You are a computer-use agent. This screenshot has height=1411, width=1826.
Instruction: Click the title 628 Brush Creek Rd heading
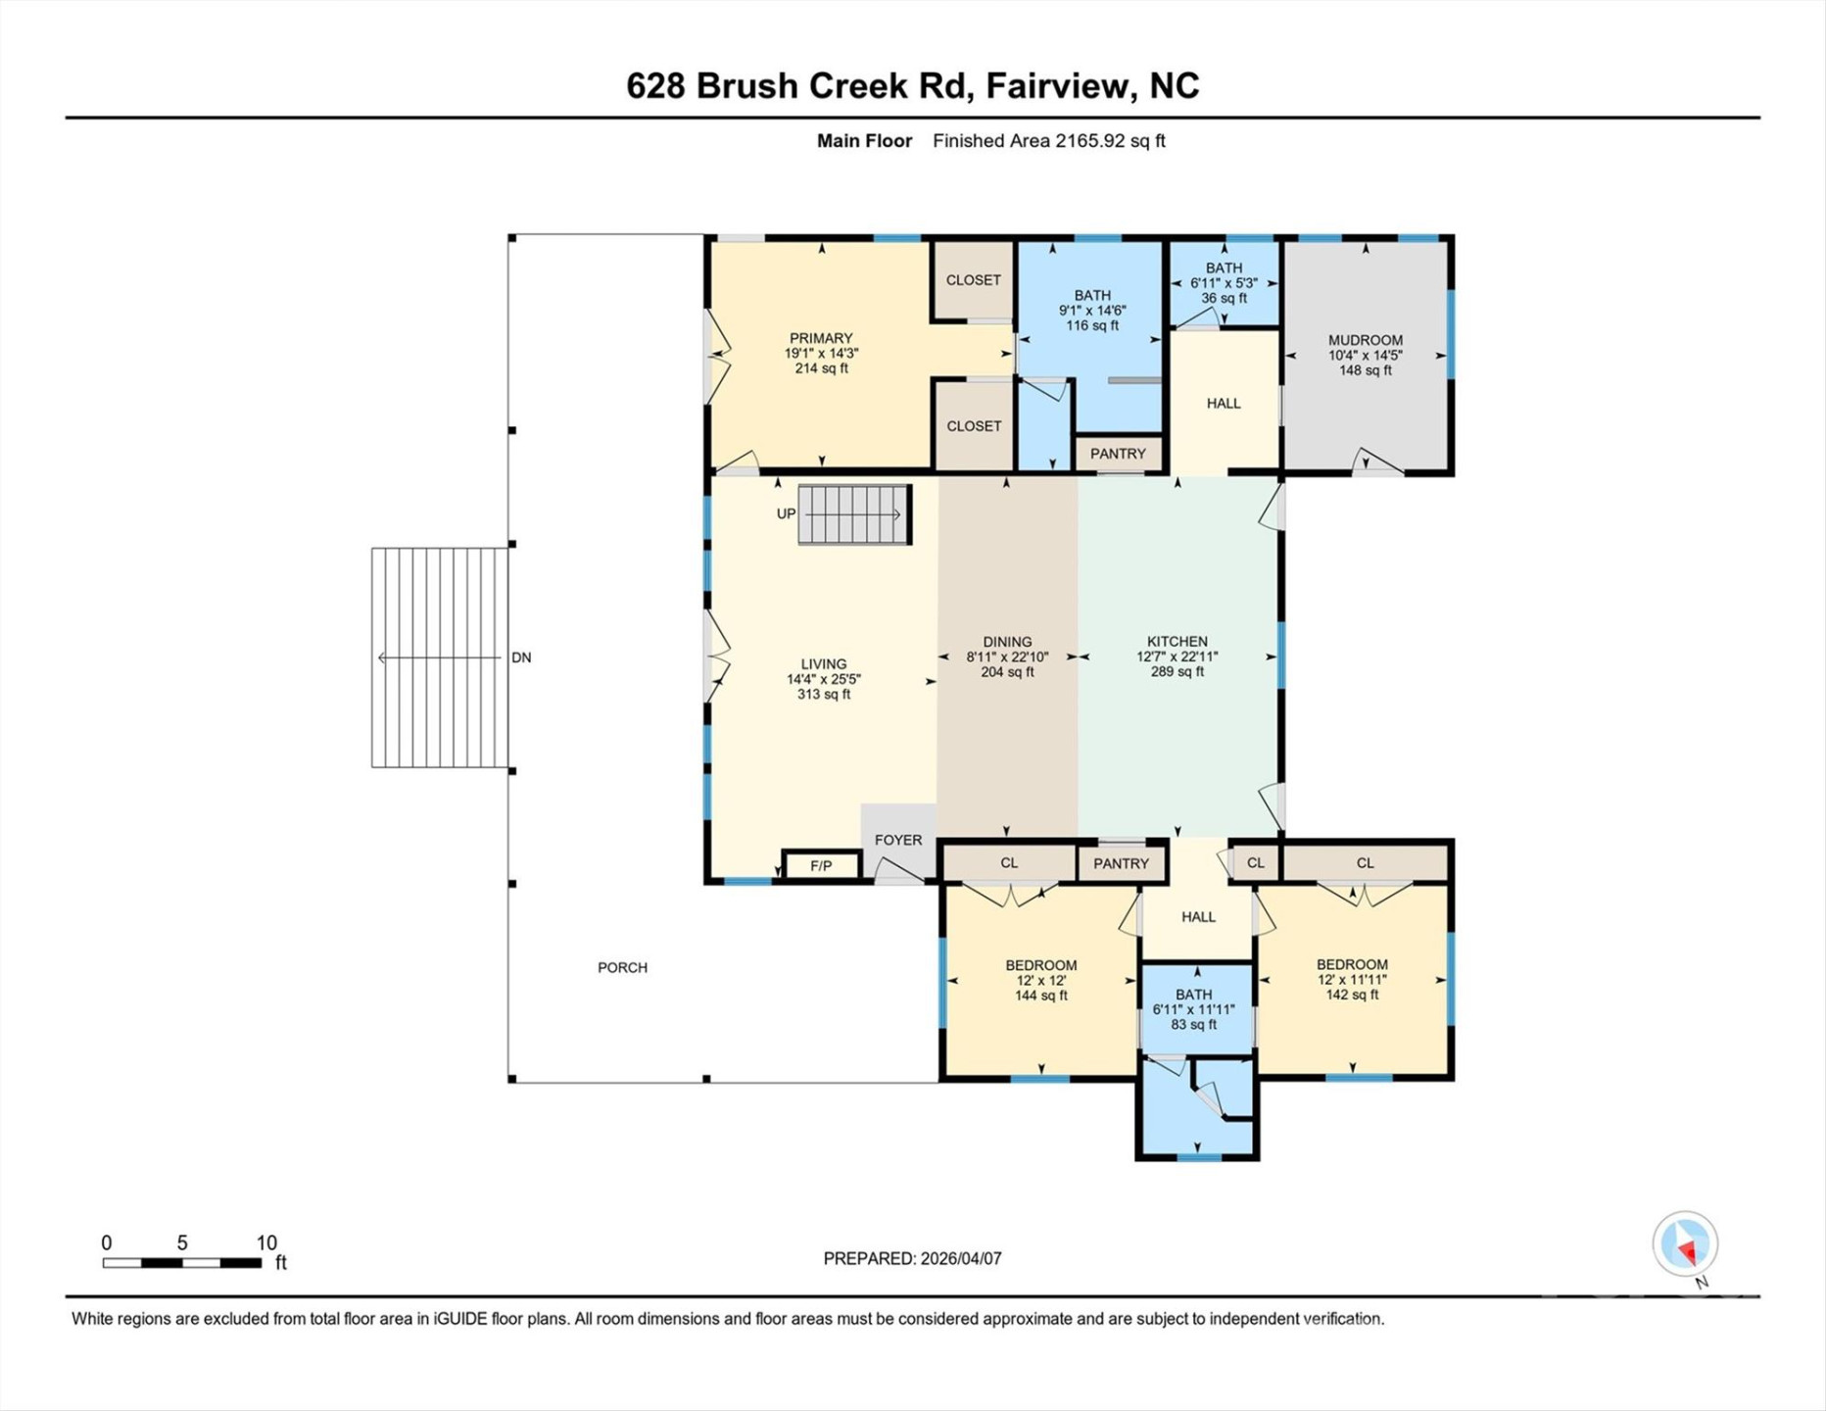912,86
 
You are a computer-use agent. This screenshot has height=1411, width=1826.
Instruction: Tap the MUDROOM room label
1365,341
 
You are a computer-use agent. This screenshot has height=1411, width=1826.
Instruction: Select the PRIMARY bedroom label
821,338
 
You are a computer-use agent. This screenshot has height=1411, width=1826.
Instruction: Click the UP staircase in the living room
853,513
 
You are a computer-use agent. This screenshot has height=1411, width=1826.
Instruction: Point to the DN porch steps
440,657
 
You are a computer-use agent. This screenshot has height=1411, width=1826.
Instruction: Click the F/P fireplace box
821,865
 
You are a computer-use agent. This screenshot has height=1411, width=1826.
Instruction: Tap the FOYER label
897,840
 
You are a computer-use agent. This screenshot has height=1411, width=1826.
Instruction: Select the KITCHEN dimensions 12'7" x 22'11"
1177,657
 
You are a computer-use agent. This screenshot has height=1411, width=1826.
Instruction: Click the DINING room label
1007,642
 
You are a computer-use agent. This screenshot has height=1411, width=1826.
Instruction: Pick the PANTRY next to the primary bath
1118,454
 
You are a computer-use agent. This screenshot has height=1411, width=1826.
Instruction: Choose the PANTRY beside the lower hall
1121,863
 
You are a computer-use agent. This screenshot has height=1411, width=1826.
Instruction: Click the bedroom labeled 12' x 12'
1040,980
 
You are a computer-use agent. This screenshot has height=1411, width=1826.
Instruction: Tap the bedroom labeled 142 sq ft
1351,995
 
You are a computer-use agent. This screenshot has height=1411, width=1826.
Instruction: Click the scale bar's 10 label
266,1242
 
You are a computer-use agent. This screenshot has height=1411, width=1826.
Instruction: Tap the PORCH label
622,967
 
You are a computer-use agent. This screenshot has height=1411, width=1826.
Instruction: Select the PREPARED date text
912,1258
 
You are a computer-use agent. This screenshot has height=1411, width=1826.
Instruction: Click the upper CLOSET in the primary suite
973,280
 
